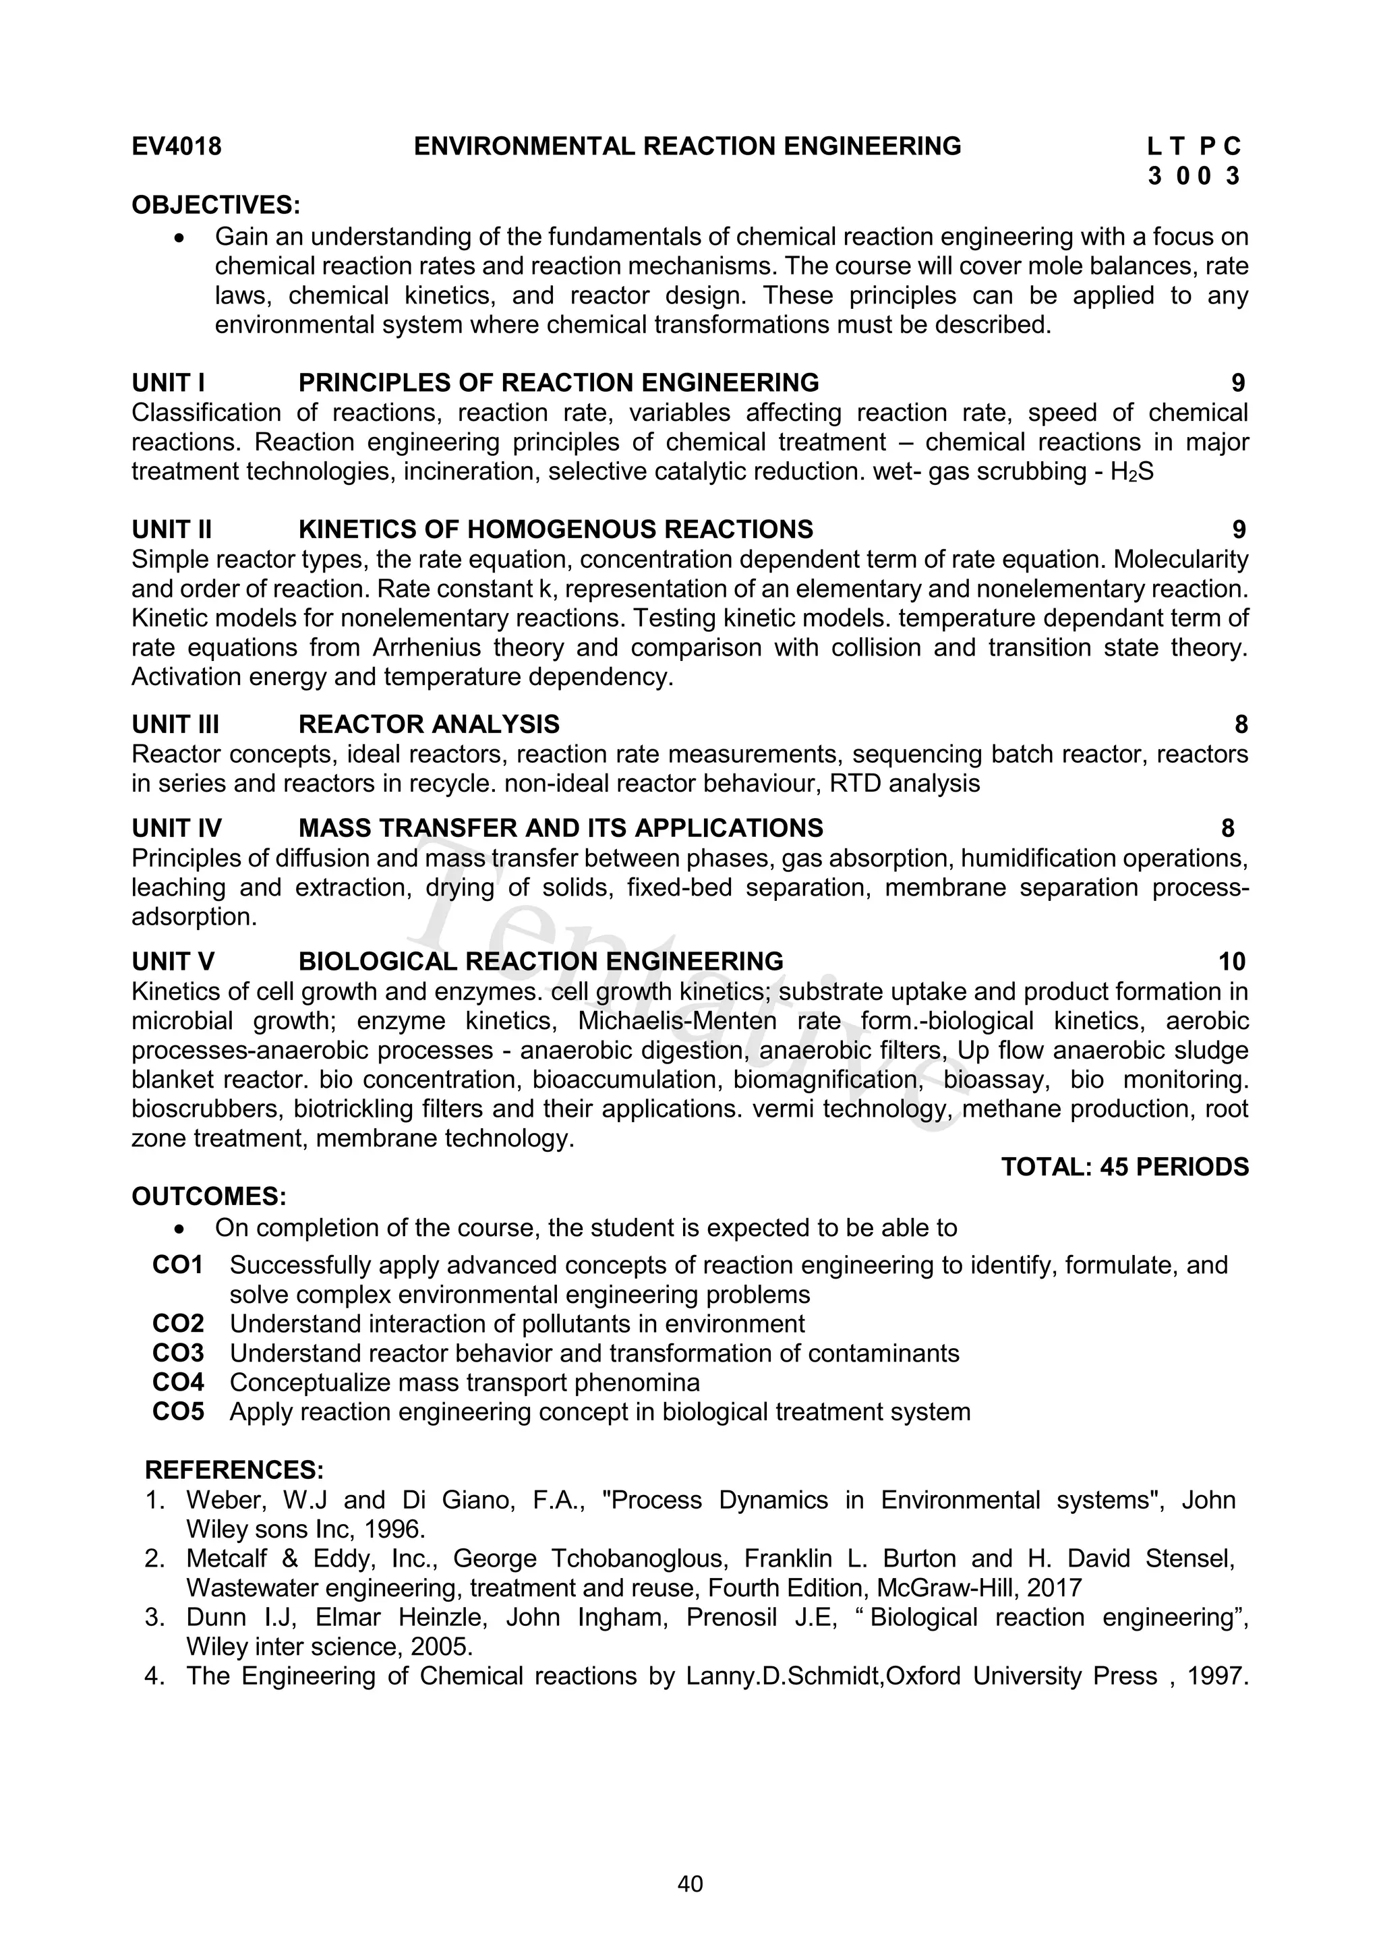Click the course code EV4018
pos(176,146)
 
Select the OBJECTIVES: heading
pos(216,205)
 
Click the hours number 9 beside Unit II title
pos(1238,529)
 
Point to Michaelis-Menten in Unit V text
pos(677,1021)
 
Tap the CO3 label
pos(179,1353)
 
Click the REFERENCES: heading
pos(234,1470)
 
